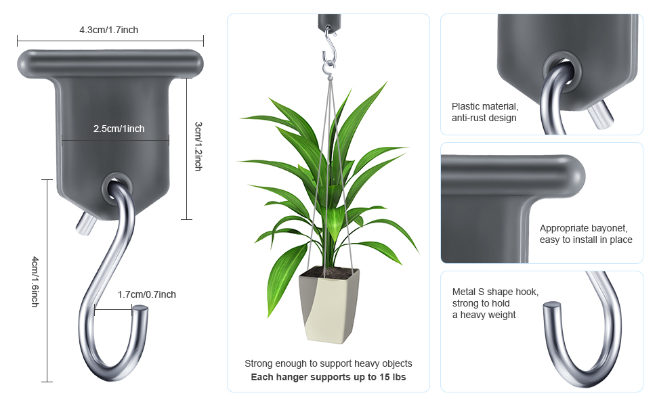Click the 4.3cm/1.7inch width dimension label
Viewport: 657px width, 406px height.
109,30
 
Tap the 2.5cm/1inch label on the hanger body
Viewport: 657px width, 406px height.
119,129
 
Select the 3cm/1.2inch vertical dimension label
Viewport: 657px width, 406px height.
198,146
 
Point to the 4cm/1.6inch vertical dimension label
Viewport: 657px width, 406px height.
35,281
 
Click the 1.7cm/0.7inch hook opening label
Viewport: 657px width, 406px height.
147,294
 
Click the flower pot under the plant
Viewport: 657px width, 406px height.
329,305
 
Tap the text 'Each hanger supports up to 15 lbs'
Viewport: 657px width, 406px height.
328,377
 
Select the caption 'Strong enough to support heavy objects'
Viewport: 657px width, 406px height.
328,363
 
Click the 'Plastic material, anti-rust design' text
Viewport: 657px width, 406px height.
485,112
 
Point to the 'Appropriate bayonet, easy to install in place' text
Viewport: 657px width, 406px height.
586,234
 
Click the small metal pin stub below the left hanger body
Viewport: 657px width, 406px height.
85,224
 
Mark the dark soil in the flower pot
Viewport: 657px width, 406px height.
329,273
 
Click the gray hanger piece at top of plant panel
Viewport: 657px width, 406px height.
329,22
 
